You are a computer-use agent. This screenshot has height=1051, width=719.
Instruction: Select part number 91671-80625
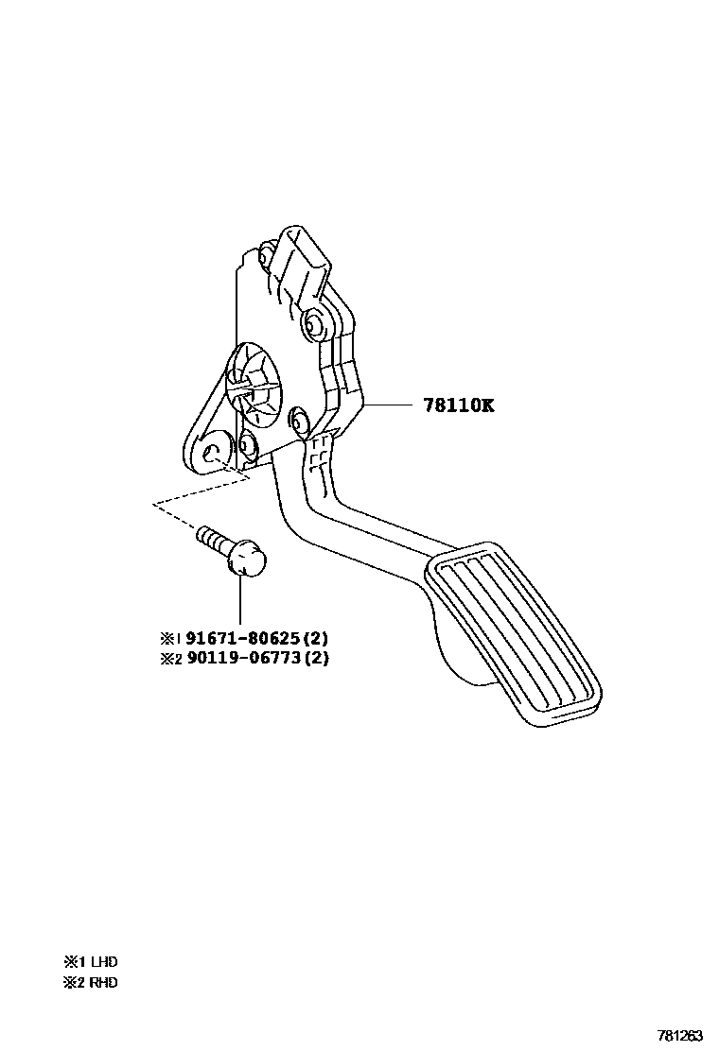click(x=237, y=638)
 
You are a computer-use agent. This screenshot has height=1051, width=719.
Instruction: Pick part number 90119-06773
click(x=237, y=658)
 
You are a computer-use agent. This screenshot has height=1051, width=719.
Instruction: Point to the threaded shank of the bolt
click(x=213, y=541)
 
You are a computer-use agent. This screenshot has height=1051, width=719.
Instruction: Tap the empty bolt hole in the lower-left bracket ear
click(x=214, y=451)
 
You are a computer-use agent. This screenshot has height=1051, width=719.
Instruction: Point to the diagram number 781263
click(x=680, y=1036)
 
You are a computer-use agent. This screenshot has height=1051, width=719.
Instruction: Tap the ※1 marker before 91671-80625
click(x=169, y=639)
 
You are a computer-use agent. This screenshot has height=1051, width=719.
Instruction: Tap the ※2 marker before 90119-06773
click(x=169, y=659)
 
